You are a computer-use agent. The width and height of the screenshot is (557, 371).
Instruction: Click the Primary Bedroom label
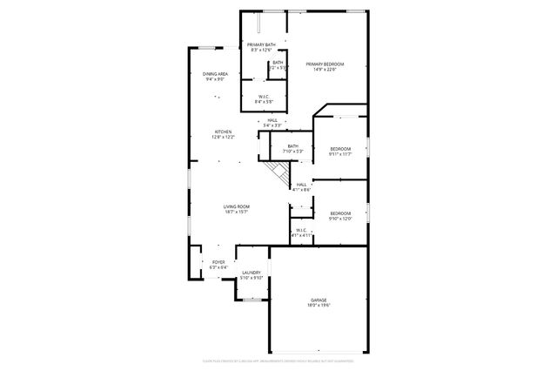[325, 64]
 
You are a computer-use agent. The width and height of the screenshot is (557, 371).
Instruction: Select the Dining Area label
[216, 74]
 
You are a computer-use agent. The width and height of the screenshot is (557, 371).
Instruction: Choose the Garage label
[318, 300]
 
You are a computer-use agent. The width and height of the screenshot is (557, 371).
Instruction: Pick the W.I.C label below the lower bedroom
[300, 231]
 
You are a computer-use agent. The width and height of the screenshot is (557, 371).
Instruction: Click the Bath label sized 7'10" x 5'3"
[292, 146]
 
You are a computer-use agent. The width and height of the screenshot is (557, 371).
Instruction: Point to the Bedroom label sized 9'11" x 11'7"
[339, 149]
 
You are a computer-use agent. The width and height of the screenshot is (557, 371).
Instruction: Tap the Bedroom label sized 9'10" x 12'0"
[339, 213]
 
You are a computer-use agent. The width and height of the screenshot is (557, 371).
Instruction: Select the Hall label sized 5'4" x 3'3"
[272, 120]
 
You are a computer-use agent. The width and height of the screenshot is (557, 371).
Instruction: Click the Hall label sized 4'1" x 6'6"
[301, 185]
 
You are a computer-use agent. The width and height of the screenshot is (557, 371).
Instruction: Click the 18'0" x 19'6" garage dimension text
[318, 306]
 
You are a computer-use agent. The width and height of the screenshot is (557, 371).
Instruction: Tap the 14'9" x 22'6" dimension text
[325, 70]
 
